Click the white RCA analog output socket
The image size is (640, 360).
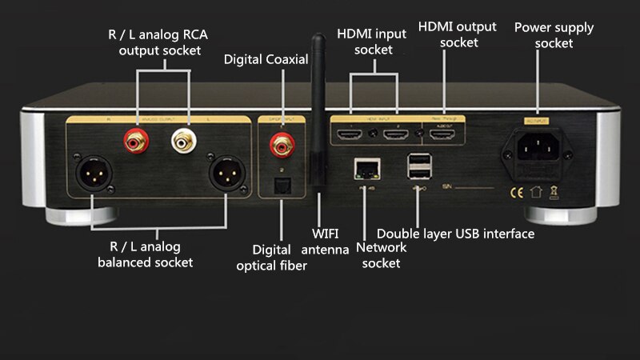click(x=183, y=142)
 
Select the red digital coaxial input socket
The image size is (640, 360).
click(x=282, y=144)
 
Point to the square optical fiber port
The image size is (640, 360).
click(x=282, y=185)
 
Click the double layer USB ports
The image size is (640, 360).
click(x=418, y=167)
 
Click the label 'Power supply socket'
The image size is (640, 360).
click(x=554, y=35)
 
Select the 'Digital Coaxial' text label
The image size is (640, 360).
click(x=266, y=59)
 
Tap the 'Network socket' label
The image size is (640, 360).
click(x=382, y=255)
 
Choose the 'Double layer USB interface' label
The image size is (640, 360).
click(x=455, y=234)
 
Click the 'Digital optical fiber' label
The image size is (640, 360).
click(x=271, y=258)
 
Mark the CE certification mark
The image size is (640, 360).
click(x=512, y=192)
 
